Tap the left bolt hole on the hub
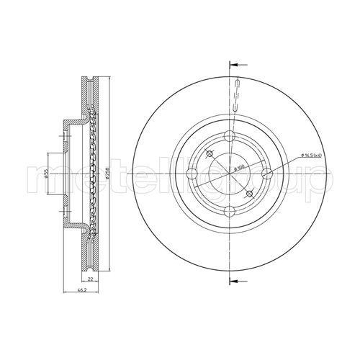(x=195, y=173)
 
